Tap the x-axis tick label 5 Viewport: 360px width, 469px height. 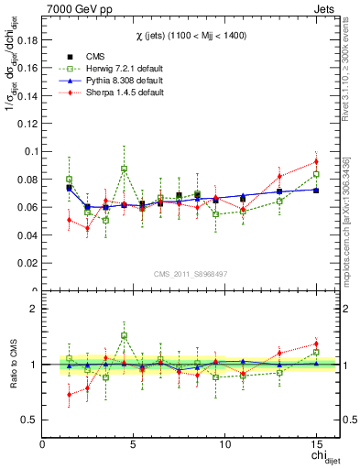pos(134,445)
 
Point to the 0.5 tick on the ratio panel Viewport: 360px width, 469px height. pos(27,420)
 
